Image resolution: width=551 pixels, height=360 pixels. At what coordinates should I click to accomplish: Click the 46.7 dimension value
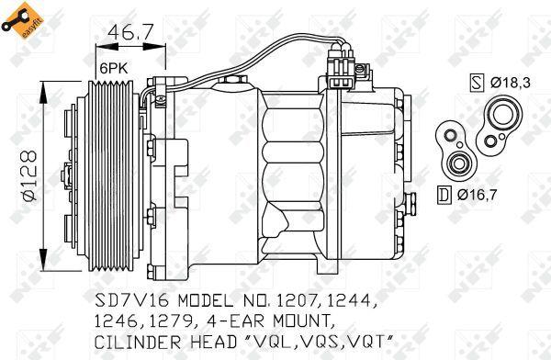pos(129,34)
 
